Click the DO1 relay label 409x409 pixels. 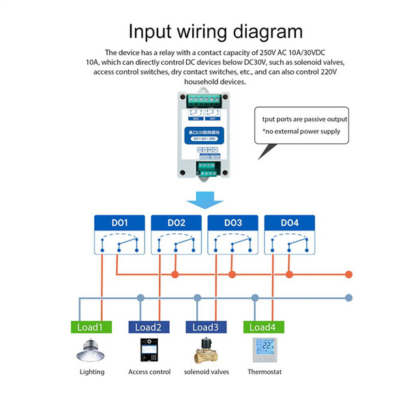(119, 222)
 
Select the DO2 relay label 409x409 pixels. (176, 222)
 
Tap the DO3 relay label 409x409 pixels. (233, 222)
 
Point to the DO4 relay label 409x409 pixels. (290, 222)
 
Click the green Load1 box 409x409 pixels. (91, 327)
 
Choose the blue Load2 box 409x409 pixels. (149, 327)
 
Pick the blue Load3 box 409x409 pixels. (206, 327)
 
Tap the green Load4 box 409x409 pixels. (263, 327)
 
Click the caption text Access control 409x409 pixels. (149, 372)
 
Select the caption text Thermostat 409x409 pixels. (265, 372)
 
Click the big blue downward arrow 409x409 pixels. (204, 200)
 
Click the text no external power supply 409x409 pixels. (305, 131)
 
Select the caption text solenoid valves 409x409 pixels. (207, 372)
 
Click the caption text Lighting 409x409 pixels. (92, 372)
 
